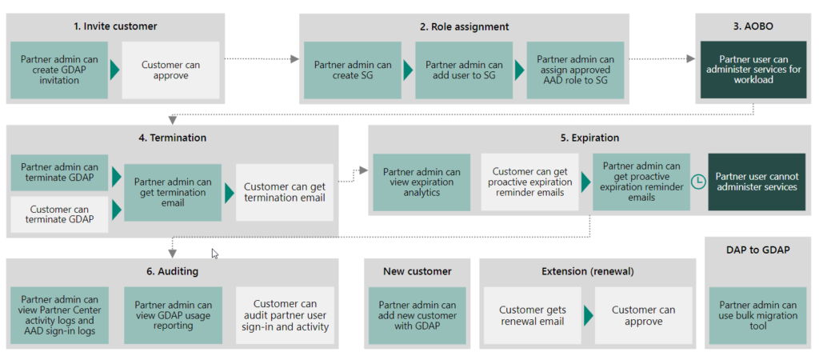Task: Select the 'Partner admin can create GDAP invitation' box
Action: pyautogui.click(x=60, y=70)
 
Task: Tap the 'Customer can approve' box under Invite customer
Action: pyautogui.click(x=170, y=70)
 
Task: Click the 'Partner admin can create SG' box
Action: pyautogui.click(x=353, y=70)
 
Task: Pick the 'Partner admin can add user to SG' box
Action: pyautogui.click(x=464, y=70)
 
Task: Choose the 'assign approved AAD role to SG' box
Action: pyautogui.click(x=575, y=70)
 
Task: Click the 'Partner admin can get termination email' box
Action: pyautogui.click(x=173, y=192)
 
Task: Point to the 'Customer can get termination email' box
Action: pyautogui.click(x=284, y=192)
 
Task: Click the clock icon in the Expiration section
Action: pyautogui.click(x=698, y=182)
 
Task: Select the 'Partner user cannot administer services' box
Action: pyautogui.click(x=756, y=182)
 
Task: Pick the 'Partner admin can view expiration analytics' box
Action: pyautogui.click(x=421, y=182)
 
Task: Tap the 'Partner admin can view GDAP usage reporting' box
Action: pyautogui.click(x=173, y=315)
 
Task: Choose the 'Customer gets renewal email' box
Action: pyautogui.click(x=532, y=315)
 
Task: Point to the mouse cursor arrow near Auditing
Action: pyautogui.click(x=214, y=253)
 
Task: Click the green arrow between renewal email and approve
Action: pyautogui.click(x=589, y=315)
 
